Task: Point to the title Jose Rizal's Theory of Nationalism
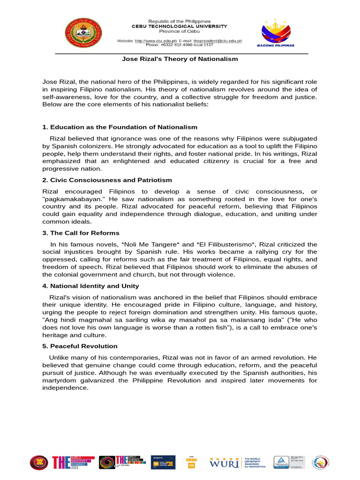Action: (x=180, y=59)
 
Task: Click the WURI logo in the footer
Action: (x=224, y=462)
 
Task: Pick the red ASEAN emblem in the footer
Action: (x=39, y=463)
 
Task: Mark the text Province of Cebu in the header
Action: (x=180, y=31)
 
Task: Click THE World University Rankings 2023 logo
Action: (x=73, y=462)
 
